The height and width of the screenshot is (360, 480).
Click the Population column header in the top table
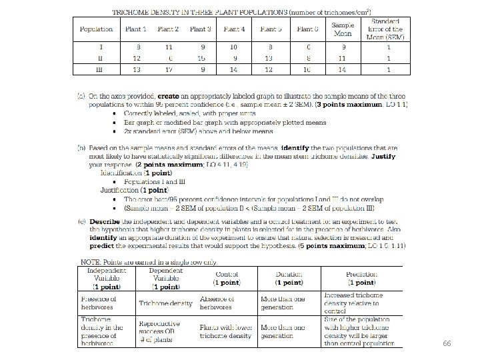tap(96, 29)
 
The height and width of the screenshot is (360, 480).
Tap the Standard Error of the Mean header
tap(387, 29)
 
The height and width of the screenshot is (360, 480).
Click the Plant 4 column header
tap(234, 29)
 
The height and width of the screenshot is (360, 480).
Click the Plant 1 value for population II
tap(137, 59)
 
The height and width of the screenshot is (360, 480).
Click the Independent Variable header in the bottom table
tap(105, 278)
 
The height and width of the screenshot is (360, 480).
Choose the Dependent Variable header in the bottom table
tap(165, 278)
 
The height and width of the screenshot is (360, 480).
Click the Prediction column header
tap(360, 278)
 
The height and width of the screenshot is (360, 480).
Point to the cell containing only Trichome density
tap(165, 303)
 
